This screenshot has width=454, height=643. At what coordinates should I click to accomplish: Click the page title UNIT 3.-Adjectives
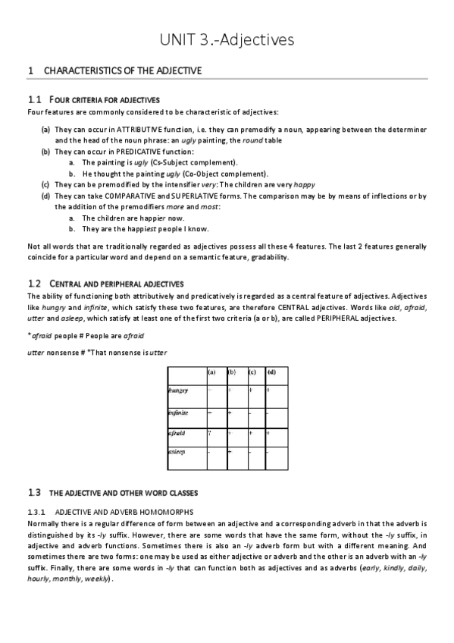(227, 39)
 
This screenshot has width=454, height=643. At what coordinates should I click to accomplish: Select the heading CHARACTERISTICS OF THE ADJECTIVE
(123, 71)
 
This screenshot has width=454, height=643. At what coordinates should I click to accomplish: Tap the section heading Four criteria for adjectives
(104, 100)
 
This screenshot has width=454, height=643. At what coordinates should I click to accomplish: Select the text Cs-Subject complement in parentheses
(193, 162)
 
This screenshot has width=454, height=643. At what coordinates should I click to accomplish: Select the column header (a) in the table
(212, 372)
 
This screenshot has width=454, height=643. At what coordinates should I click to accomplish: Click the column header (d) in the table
(271, 372)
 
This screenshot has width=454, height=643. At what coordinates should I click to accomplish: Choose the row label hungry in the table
(178, 391)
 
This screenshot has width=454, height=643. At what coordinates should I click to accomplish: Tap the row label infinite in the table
(178, 413)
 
